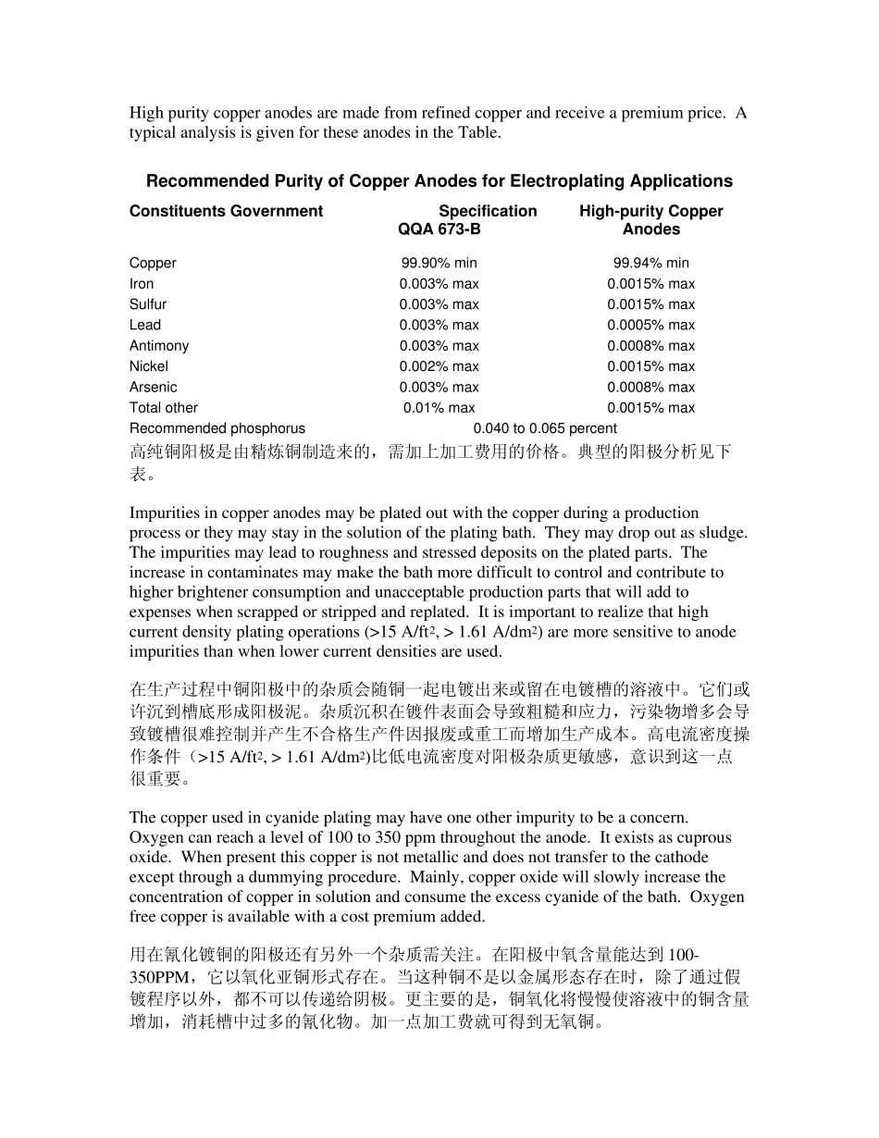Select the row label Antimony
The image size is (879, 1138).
[159, 346]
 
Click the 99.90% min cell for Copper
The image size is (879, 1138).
[439, 264]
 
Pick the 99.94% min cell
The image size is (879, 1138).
[650, 264]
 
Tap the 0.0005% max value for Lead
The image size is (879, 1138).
[650, 326]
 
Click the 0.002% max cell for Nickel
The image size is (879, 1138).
[439, 366]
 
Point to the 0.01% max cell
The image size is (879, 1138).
[439, 408]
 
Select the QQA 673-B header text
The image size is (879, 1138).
[439, 229]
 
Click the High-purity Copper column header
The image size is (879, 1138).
[650, 211]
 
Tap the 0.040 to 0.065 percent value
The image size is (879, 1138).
[545, 428]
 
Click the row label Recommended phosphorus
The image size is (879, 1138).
[217, 428]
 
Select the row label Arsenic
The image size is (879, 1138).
[154, 388]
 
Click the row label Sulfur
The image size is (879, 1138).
[148, 304]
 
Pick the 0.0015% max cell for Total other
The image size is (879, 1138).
[650, 408]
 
